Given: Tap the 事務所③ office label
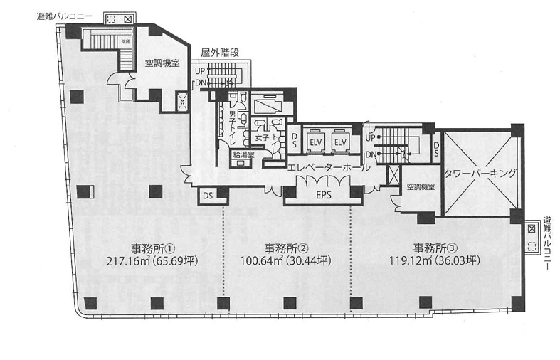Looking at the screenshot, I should coord(434,248).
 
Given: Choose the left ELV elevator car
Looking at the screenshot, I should coord(315,142).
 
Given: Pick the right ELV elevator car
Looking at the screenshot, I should coord(340,142).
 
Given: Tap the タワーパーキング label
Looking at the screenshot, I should coord(479,173).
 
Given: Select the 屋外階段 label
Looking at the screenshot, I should coord(219,52).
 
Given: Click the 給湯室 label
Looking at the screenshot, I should coord(242,153).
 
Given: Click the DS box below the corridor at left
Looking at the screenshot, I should coord(208,195).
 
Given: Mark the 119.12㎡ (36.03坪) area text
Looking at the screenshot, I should coord(434,261).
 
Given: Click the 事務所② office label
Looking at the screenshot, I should coord(285,248).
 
